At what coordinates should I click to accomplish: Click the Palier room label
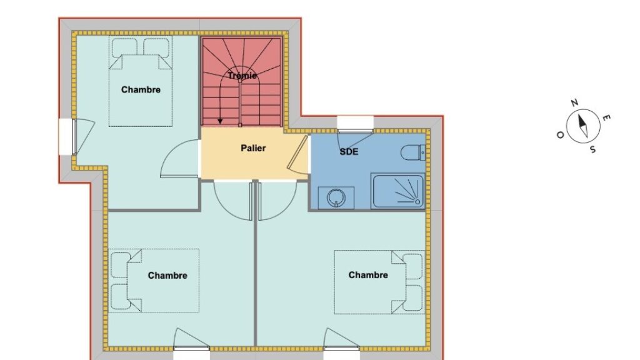[253, 148]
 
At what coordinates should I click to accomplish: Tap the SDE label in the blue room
[349, 152]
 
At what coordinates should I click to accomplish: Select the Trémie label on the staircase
[242, 76]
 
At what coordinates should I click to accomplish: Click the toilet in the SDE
[414, 153]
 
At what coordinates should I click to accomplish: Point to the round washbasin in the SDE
[336, 198]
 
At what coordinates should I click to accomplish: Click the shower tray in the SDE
[398, 191]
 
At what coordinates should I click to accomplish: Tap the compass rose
[583, 126]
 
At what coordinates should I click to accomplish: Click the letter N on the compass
[574, 103]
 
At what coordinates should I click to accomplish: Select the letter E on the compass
[606, 118]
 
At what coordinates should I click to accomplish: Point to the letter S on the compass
[592, 150]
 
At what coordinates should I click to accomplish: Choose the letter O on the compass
[561, 135]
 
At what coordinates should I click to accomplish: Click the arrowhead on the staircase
[221, 121]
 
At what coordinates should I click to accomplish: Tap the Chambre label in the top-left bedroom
[141, 90]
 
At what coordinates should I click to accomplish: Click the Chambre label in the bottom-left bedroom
[167, 276]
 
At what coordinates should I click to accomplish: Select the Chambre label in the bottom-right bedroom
[368, 275]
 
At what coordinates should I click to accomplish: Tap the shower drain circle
[417, 202]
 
